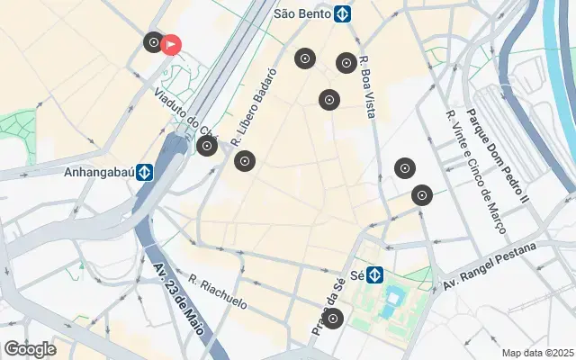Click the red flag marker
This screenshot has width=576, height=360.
[170, 44]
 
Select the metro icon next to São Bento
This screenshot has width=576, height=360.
[342, 14]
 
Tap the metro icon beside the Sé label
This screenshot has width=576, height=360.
[374, 274]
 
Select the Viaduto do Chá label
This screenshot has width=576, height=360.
[185, 112]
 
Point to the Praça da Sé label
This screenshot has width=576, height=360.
[328, 307]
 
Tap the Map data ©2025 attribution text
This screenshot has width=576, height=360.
[537, 353]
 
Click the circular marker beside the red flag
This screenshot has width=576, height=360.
[153, 42]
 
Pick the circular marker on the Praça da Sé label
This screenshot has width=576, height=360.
[333, 318]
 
